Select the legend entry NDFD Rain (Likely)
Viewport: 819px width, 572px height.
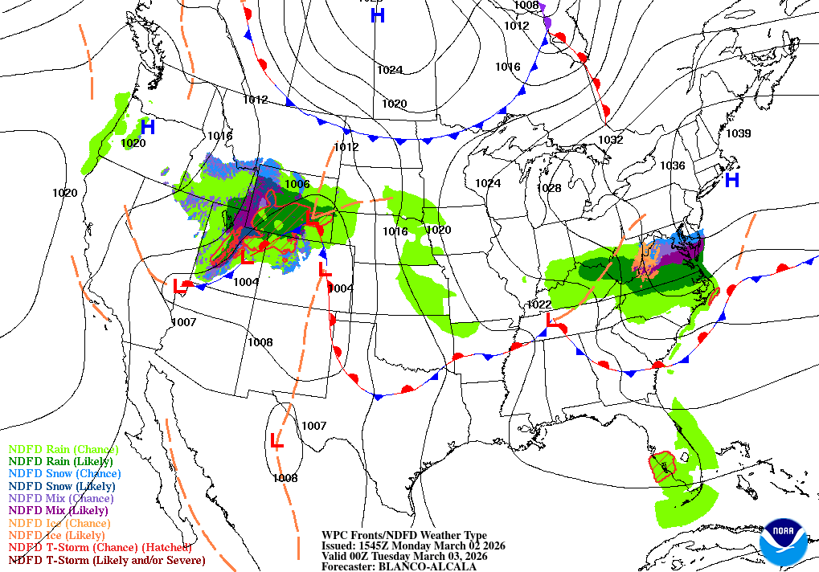pos(61,462)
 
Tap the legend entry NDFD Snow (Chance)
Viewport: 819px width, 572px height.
pos(64,474)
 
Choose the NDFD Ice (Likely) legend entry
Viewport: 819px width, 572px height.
pos(57,535)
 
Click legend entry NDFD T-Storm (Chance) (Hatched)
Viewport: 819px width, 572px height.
pos(100,547)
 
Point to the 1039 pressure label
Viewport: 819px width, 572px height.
pos(738,133)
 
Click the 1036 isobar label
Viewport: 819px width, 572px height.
pos(672,165)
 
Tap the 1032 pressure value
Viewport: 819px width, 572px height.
pos(611,140)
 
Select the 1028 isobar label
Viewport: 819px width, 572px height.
pos(549,188)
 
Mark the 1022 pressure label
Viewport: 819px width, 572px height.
pos(538,304)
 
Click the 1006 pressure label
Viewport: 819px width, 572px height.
pos(297,184)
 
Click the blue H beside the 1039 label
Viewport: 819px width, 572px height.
pos(731,180)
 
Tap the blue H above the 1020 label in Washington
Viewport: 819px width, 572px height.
pos(147,126)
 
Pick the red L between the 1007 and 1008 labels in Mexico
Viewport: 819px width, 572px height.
pos(276,441)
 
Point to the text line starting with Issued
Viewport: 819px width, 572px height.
pos(413,545)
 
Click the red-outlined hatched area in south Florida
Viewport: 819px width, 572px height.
pos(662,465)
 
